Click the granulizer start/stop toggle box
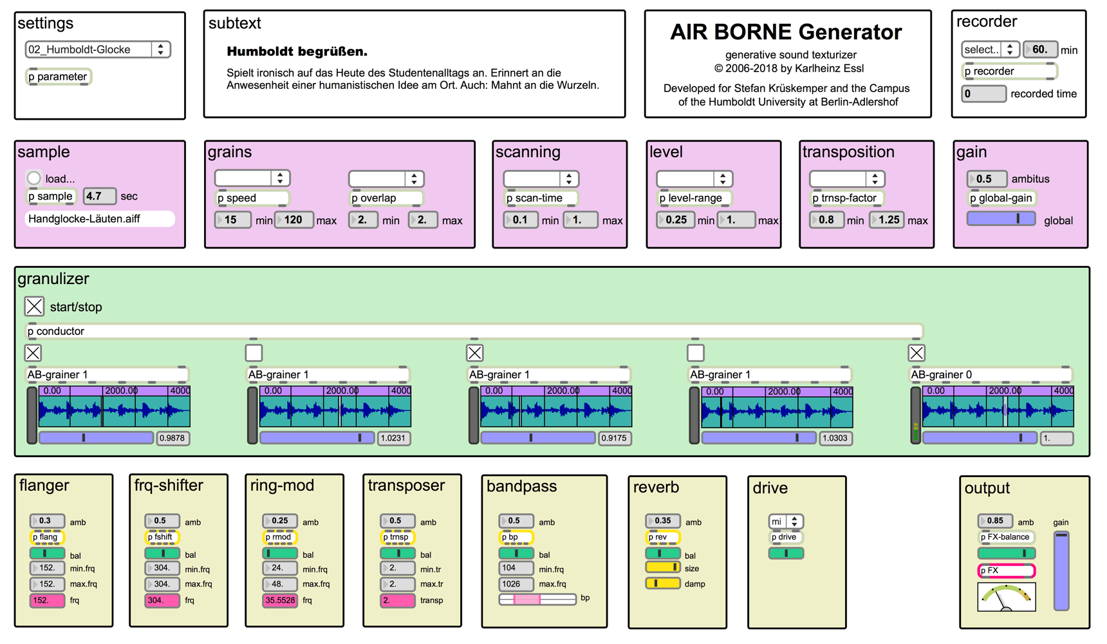click(x=34, y=307)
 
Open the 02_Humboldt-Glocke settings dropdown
click(x=97, y=50)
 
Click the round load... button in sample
click(x=33, y=178)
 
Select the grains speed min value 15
click(x=232, y=220)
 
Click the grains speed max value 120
click(x=294, y=220)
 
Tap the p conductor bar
click(x=474, y=331)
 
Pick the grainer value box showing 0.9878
click(x=172, y=438)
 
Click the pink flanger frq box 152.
click(x=47, y=600)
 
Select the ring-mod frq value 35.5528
click(x=279, y=600)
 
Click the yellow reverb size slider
click(x=662, y=567)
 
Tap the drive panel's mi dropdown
click(x=785, y=521)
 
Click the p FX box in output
click(x=1005, y=571)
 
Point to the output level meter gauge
click(x=1006, y=597)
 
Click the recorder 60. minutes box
click(x=1040, y=50)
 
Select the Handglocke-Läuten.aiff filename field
click(x=99, y=219)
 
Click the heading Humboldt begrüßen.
click(x=297, y=52)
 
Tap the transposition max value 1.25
click(x=888, y=220)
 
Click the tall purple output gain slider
click(x=1061, y=571)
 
